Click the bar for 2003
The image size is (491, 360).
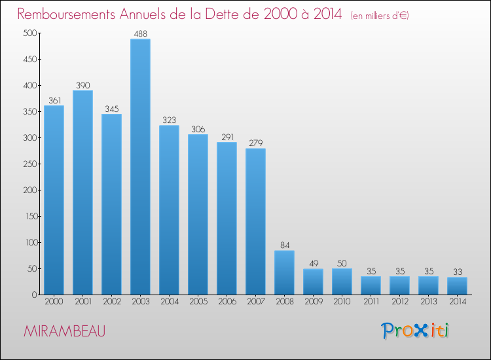click(140, 167)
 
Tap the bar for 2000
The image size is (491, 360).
click(54, 200)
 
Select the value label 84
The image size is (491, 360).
click(284, 245)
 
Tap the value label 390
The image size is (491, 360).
click(82, 85)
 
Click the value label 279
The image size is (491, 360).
click(255, 143)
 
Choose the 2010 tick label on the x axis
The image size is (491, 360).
click(342, 302)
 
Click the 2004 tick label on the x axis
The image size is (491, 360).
click(169, 302)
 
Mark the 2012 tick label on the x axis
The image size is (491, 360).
click(399, 302)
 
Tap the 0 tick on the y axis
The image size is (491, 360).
click(32, 295)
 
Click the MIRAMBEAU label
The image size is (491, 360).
click(64, 331)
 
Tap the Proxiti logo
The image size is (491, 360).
click(415, 331)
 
